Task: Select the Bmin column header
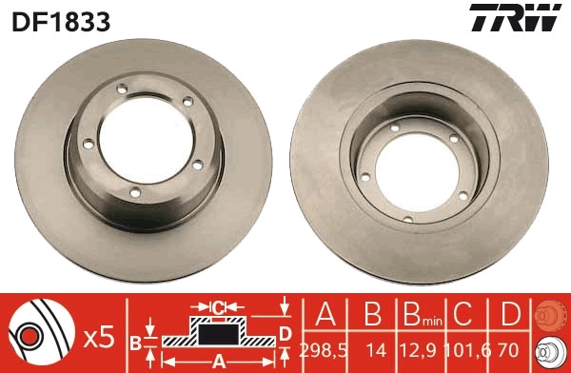419,315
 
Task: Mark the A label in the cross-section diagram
218,361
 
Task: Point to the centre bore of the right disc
418,168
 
